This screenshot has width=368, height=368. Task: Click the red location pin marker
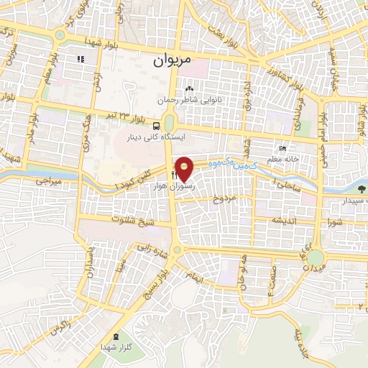[185, 169]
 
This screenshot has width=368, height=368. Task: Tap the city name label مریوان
[172, 61]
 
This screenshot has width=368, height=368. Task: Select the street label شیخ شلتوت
[133, 220]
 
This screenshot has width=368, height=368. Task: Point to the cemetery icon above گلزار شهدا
[116, 337]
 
